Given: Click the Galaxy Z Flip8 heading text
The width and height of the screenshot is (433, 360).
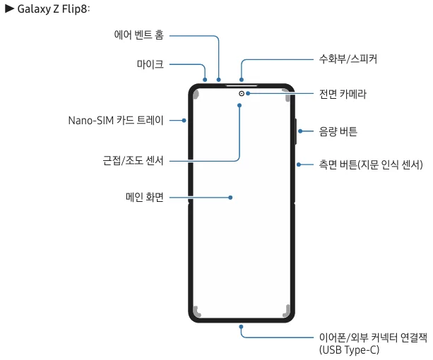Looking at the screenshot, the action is [x=54, y=9].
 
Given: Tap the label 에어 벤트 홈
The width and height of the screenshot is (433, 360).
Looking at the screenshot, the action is [x=139, y=35].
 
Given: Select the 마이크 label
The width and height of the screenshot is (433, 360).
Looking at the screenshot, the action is [x=150, y=64].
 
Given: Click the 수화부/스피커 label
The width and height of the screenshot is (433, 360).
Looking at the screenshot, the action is [x=348, y=59].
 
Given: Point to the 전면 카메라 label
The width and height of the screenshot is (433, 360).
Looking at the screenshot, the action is [x=343, y=94].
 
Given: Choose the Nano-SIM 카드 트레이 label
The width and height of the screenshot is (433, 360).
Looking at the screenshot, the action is [x=116, y=120].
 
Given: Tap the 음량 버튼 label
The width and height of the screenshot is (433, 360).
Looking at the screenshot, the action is [x=338, y=131].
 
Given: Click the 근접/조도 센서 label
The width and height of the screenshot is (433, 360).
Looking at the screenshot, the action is [x=133, y=160].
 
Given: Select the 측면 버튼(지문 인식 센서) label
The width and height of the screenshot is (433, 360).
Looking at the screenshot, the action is [x=371, y=164].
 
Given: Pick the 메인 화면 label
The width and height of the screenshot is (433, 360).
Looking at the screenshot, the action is [x=145, y=197].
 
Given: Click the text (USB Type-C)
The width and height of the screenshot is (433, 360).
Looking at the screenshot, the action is [x=350, y=350].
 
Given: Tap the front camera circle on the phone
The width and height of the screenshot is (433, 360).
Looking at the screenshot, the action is [x=242, y=93].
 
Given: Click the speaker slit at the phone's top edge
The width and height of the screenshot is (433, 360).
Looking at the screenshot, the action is [x=242, y=86].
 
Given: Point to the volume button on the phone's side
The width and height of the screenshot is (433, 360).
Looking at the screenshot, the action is [x=295, y=131].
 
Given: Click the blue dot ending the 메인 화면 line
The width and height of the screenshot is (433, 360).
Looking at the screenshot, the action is [x=230, y=198].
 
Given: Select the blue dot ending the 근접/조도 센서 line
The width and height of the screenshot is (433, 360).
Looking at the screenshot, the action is [x=239, y=105].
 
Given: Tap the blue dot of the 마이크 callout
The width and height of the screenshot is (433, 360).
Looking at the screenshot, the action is [x=205, y=80].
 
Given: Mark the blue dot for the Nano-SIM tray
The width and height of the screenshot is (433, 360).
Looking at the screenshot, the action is [x=184, y=120].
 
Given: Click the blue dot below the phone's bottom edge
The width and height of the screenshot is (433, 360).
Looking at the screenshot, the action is [x=241, y=327].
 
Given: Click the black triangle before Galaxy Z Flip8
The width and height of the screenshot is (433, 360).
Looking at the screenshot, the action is [x=10, y=8].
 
